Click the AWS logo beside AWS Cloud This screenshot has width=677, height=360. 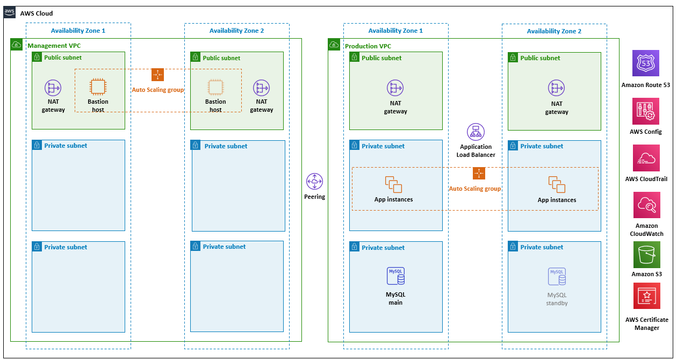pyautogui.click(x=9, y=12)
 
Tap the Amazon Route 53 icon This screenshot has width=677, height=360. pyautogui.click(x=646, y=63)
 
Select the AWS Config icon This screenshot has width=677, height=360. pyautogui.click(x=646, y=111)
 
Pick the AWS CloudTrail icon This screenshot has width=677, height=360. pyautogui.click(x=646, y=158)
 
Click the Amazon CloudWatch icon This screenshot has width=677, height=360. pyautogui.click(x=647, y=205)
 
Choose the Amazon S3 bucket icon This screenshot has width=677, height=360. pyautogui.click(x=647, y=255)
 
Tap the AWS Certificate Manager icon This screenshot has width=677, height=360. pyautogui.click(x=647, y=296)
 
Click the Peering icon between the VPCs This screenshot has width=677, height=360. pyautogui.click(x=314, y=182)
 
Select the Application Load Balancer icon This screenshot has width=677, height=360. pyautogui.click(x=476, y=132)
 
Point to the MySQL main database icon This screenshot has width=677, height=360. pyautogui.click(x=395, y=276)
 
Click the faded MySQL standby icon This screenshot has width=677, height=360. pyautogui.click(x=557, y=276)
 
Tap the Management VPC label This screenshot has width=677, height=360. pyautogui.click(x=54, y=46)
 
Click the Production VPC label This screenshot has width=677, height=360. pyautogui.click(x=368, y=46)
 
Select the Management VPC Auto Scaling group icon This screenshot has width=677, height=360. pyautogui.click(x=157, y=75)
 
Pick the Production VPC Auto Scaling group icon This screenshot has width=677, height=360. pyautogui.click(x=479, y=174)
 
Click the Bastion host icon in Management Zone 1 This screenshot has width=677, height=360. pyautogui.click(x=98, y=87)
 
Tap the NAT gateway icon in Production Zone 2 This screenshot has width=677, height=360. pyautogui.click(x=557, y=88)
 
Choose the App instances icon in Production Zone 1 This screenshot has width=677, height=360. pyautogui.click(x=393, y=184)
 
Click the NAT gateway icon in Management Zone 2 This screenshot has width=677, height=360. pyautogui.click(x=262, y=88)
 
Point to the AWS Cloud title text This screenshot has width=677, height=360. pyautogui.click(x=37, y=13)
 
